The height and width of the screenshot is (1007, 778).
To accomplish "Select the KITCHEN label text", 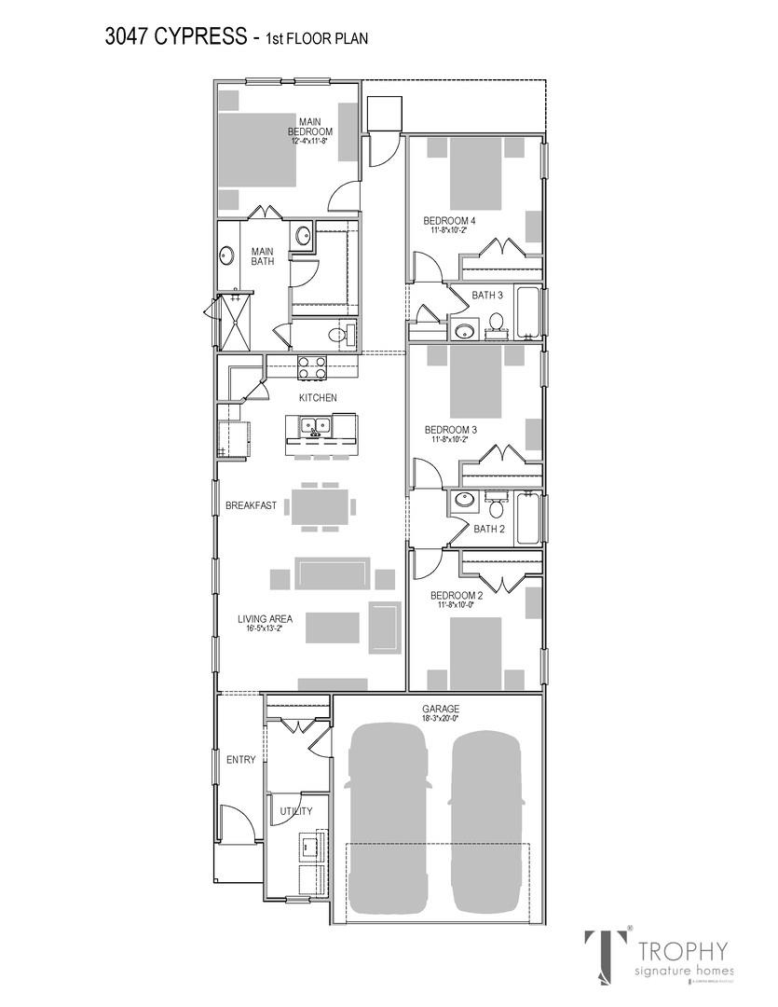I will [x=318, y=398].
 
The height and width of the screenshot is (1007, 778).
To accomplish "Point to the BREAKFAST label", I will [x=251, y=505].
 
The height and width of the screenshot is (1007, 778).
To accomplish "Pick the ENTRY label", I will [x=240, y=760].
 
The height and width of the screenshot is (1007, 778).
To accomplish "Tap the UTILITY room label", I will [x=296, y=811].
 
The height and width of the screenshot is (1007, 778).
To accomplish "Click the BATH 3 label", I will [x=487, y=296].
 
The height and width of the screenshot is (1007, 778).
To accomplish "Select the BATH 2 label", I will [x=488, y=529].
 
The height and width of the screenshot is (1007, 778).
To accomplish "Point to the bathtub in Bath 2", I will [x=527, y=518].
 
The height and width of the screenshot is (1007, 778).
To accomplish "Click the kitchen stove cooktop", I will [x=311, y=368].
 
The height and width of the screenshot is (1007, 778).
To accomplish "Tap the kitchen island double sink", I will [x=315, y=427].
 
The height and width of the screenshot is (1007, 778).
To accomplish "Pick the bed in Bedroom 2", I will [x=475, y=653].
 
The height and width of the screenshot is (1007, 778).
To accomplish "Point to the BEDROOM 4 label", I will [x=449, y=221].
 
